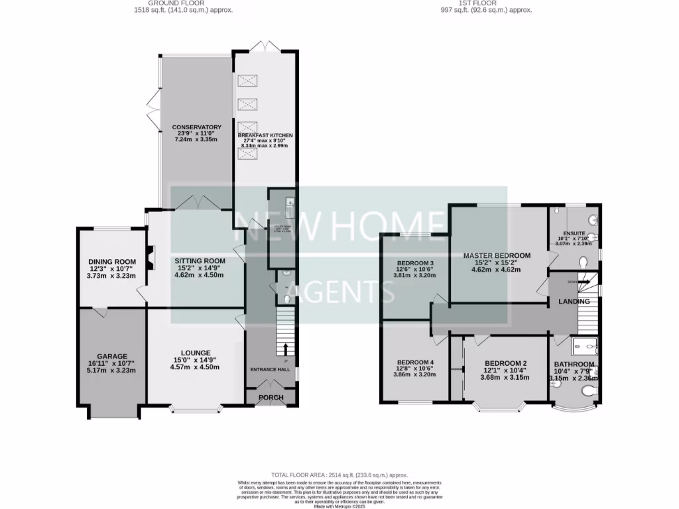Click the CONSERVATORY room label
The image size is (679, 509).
click(196, 127)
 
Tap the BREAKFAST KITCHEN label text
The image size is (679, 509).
click(265, 135)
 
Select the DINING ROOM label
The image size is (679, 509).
click(111, 262)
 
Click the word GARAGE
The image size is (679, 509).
click(111, 356)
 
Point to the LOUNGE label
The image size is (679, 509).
click(195, 353)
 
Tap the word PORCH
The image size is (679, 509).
click(271, 398)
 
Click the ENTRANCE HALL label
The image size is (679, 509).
click(271, 369)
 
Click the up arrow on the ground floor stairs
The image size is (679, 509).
click(286, 349)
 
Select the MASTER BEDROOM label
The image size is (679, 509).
click(497, 256)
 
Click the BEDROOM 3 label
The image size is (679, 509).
click(414, 262)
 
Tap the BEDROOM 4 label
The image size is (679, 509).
click(414, 361)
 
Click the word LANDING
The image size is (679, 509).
click(574, 302)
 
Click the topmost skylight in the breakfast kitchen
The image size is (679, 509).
click(247, 82)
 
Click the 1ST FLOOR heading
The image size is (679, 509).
click(487, 3)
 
